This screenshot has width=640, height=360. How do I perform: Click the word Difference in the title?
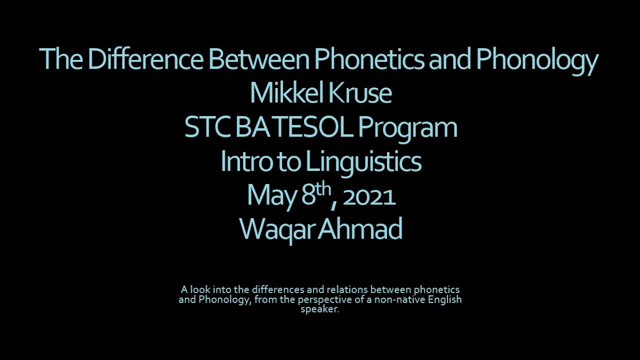(x=145, y=59)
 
